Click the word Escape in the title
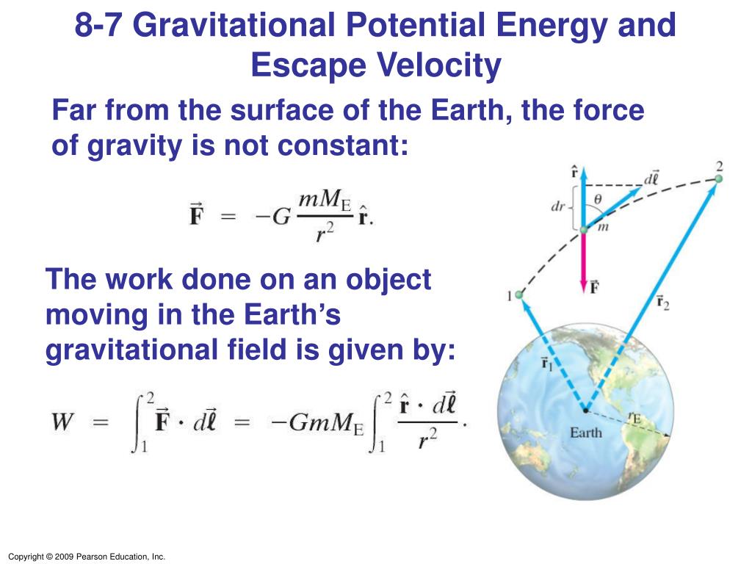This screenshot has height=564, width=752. click(308, 65)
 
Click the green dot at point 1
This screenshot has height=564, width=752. click(519, 295)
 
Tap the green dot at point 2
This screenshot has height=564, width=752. click(718, 179)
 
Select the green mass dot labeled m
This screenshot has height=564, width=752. click(584, 230)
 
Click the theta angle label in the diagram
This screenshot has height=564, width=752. click(598, 198)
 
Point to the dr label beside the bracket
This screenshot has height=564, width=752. click(558, 206)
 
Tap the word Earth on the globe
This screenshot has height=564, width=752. click(585, 433)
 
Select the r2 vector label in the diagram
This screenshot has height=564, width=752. click(663, 303)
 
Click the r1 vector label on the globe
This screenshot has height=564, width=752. click(547, 363)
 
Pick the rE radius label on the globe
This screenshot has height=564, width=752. click(634, 418)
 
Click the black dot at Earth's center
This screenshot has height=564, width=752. click(585, 411)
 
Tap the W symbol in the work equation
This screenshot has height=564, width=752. click(63, 422)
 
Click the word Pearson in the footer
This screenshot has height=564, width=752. click(93, 557)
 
